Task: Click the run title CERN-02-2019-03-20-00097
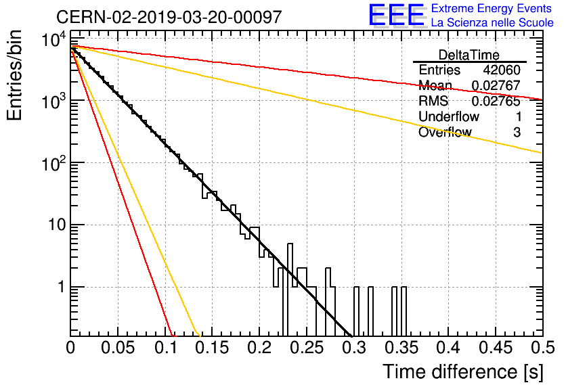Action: [x=169, y=17]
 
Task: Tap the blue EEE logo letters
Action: [x=397, y=15]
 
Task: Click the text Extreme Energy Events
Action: [x=492, y=8]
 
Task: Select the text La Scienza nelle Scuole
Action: [x=492, y=22]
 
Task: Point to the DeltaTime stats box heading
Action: [x=469, y=55]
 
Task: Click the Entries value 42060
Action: [x=502, y=70]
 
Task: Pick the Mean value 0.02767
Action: [x=496, y=85]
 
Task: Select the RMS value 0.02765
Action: [x=496, y=101]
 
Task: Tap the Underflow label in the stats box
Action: [x=449, y=116]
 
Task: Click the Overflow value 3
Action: [x=517, y=133]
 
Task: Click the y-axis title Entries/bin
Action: [x=14, y=76]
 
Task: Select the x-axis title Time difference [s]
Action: [x=463, y=372]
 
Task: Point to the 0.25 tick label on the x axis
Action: [x=307, y=348]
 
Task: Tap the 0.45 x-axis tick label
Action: [x=496, y=348]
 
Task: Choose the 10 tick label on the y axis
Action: [x=57, y=225]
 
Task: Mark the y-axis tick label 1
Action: [x=62, y=287]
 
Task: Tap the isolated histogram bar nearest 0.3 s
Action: [x=356, y=311]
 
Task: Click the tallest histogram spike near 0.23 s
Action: [x=290, y=290]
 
